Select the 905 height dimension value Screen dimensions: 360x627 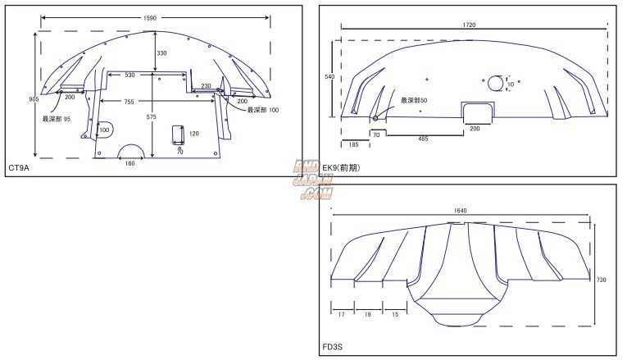tap(34, 99)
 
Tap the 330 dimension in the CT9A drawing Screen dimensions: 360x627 tap(161, 52)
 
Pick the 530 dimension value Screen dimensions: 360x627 tap(131, 75)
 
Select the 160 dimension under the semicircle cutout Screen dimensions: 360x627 tap(130, 163)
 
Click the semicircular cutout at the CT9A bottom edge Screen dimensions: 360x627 tap(131, 151)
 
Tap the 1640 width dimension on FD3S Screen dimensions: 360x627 tap(459, 211)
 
